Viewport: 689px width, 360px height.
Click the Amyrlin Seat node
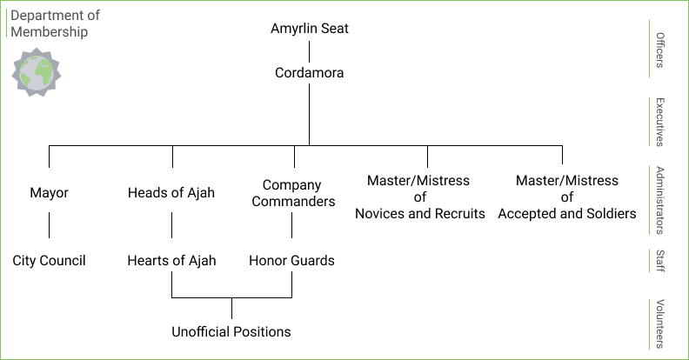310,29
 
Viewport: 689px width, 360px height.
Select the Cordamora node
310,73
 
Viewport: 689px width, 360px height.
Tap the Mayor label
49,193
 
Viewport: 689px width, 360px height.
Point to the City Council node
49,260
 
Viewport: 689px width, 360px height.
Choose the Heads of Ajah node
171,193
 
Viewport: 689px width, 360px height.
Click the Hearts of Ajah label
171,260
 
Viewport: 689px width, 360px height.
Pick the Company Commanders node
292,193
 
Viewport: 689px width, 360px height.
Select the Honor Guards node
292,260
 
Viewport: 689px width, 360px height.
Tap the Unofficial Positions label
231,331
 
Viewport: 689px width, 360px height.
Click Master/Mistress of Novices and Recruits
419,197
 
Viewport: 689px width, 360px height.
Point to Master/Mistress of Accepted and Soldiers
566,197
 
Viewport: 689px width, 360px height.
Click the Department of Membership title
55,23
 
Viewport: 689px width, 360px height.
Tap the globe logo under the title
36,71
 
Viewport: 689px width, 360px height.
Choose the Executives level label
660,122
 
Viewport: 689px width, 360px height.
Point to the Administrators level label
660,200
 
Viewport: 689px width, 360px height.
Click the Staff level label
660,262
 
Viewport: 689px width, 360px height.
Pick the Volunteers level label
660,324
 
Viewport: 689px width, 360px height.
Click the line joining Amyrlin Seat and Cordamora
310,51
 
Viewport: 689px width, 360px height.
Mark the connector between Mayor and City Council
49,225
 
